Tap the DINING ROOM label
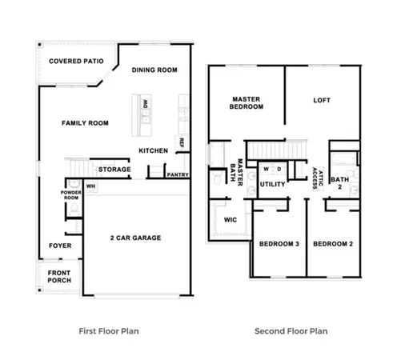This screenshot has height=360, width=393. coord(154,70)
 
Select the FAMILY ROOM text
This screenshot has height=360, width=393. coord(85,122)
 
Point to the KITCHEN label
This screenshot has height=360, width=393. coord(153,150)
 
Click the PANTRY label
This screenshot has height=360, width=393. coord(176,174)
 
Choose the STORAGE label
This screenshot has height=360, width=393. coord(114,170)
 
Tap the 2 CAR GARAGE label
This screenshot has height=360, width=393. coord(136,238)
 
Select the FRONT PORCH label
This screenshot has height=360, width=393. coord(58,276)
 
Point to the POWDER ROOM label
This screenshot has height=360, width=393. coord(72,195)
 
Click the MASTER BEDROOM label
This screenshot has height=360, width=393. coord(247,102)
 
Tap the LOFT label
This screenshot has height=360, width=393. coord(322,101)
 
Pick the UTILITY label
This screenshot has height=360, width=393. coord(272,185)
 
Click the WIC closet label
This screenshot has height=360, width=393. coord(231,218)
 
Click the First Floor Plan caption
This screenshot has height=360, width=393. coord(110,330)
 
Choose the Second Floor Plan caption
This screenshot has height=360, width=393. coord(290,330)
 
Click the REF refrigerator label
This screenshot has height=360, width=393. coord(182,142)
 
